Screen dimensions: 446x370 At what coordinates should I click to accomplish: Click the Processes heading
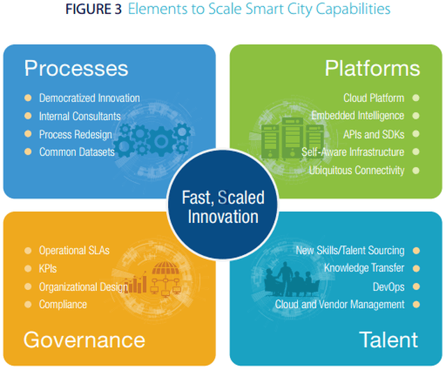76,68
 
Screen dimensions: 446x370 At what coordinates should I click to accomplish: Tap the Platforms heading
372,68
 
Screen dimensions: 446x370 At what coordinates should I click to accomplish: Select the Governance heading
84,340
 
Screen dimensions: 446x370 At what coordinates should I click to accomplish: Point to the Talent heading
389,339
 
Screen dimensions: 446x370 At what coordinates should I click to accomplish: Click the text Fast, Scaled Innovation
223,207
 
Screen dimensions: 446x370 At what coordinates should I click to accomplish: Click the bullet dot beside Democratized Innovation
28,98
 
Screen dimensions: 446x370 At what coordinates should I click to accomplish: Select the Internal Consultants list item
80,116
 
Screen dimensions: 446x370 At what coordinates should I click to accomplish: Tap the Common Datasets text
77,152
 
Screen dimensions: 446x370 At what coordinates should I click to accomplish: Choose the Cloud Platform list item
374,98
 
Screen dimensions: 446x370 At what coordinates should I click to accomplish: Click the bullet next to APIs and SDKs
416,134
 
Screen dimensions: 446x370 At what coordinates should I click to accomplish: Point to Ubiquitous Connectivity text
357,170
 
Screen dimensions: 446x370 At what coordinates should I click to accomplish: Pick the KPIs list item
48,268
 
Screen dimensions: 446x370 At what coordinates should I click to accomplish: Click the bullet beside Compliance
28,305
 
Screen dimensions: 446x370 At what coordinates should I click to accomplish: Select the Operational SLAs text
75,250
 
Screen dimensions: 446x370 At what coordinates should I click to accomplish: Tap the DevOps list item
389,286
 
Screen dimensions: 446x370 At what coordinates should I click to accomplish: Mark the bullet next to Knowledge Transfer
416,268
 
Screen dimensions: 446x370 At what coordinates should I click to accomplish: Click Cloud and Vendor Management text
339,305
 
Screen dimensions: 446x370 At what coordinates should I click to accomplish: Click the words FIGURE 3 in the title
93,9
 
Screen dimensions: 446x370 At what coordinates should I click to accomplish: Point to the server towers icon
293,138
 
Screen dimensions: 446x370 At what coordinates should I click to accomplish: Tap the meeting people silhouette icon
291,280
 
